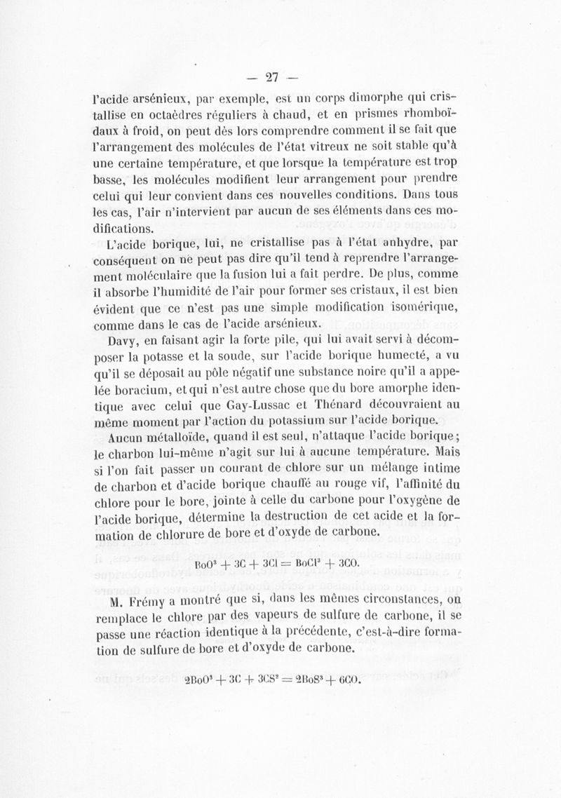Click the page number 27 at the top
279,75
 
